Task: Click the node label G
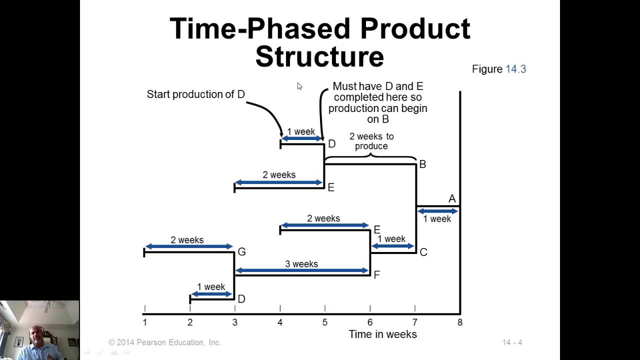241,252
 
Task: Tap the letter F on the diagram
376,275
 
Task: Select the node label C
423,252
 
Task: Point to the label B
422,164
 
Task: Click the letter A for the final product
452,199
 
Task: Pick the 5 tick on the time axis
324,322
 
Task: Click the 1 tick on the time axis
144,322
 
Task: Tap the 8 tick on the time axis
459,322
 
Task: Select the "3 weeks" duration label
301,264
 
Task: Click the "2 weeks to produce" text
371,141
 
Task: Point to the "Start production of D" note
195,94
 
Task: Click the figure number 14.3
515,69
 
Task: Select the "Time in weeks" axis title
382,334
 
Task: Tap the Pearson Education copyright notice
164,342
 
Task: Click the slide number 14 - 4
512,342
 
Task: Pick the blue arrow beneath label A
437,211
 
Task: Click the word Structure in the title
319,56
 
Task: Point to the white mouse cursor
299,86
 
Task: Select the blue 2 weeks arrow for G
188,246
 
